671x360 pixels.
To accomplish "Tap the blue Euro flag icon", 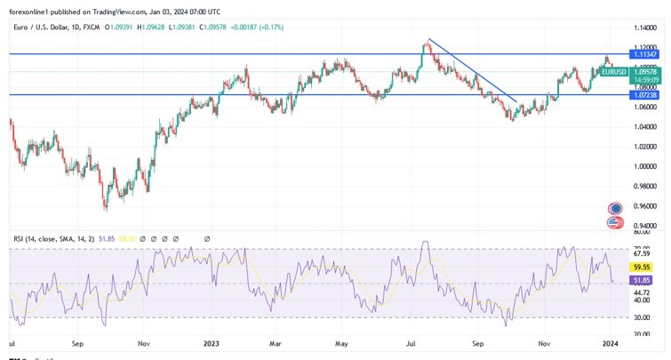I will pos(614,208).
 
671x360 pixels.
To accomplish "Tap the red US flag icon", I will pos(614,221).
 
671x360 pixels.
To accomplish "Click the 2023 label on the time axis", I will pos(211,342).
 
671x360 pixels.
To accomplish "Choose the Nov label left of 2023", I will pos(143,342).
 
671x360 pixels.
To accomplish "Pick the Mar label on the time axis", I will pos(276,342).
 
